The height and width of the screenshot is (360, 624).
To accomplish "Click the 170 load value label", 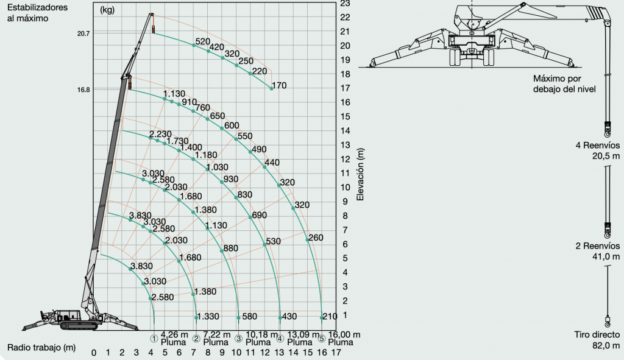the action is point(279,85).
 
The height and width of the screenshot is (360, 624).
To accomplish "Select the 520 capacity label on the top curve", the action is point(202,41).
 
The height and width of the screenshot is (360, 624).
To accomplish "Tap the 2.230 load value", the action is point(160,134).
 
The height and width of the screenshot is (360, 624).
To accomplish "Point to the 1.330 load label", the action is point(208,316).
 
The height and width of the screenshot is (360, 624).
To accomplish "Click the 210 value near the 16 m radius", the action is point(330,316).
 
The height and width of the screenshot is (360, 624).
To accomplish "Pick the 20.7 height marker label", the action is point(83,34).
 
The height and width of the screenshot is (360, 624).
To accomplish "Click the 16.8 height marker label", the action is point(83,90).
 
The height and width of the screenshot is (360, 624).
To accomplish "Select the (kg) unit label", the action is point(107,10).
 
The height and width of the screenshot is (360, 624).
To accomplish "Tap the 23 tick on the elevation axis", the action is point(345,4).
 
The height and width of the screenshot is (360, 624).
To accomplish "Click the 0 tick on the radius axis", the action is point(93,353).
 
